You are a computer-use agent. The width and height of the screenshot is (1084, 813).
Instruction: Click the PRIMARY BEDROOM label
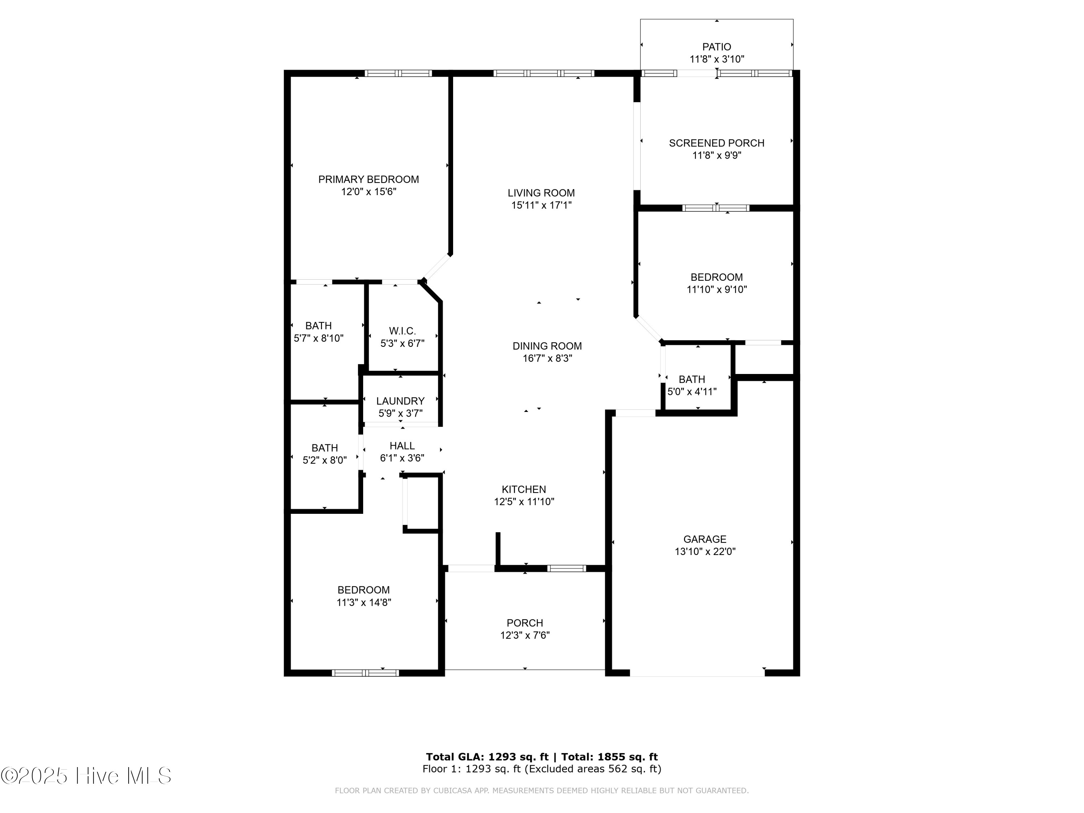coord(369,179)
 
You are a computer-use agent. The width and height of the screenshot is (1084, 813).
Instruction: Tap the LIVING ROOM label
coord(541,193)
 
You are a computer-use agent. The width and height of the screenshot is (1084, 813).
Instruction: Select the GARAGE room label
coord(705,539)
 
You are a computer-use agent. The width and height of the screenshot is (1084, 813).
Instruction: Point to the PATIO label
coord(717,47)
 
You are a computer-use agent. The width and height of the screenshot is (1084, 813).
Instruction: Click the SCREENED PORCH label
coord(717,143)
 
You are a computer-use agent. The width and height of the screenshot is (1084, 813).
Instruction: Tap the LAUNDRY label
coord(400,401)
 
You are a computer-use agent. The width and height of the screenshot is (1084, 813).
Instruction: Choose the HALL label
coord(402,446)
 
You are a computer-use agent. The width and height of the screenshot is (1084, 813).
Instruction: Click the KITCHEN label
coord(524,489)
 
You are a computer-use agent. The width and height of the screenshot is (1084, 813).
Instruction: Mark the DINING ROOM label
coord(547,346)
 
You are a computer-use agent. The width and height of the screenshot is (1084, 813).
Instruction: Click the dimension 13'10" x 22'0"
coord(705,552)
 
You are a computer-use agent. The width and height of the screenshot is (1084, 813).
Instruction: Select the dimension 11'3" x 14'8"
coord(364,602)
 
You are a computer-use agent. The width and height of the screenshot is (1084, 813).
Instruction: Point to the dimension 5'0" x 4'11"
coord(692,392)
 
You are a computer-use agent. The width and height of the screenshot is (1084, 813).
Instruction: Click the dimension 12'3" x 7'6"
coord(525,635)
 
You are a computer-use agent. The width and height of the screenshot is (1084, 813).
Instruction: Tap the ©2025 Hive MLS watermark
coord(86,775)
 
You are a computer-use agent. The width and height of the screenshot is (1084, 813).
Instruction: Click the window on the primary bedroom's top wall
coord(398,73)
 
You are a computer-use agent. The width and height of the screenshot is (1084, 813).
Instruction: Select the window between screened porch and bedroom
coord(715,208)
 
